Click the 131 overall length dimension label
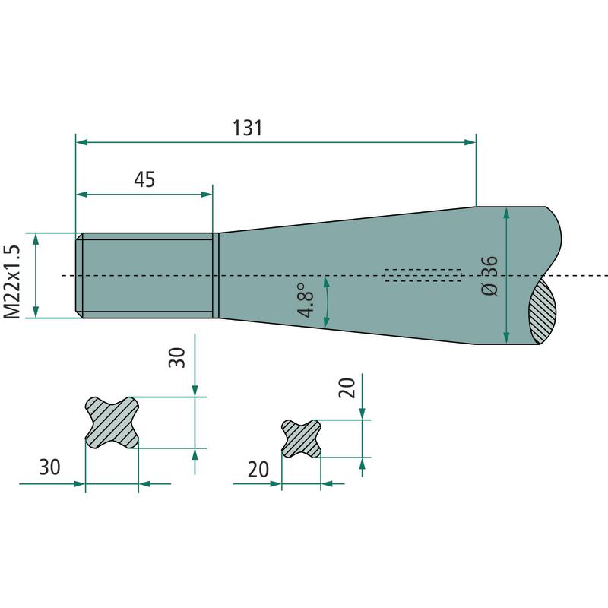[x=248, y=128]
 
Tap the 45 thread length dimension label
[x=144, y=179]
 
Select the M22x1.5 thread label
[x=11, y=282]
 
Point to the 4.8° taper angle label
[x=306, y=300]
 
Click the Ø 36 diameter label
[x=489, y=276]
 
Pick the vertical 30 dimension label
[x=177, y=357]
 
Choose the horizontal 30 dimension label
[x=49, y=467]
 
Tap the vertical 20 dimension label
[x=347, y=388]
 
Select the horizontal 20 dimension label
[x=258, y=469]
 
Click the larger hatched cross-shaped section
[x=112, y=423]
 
